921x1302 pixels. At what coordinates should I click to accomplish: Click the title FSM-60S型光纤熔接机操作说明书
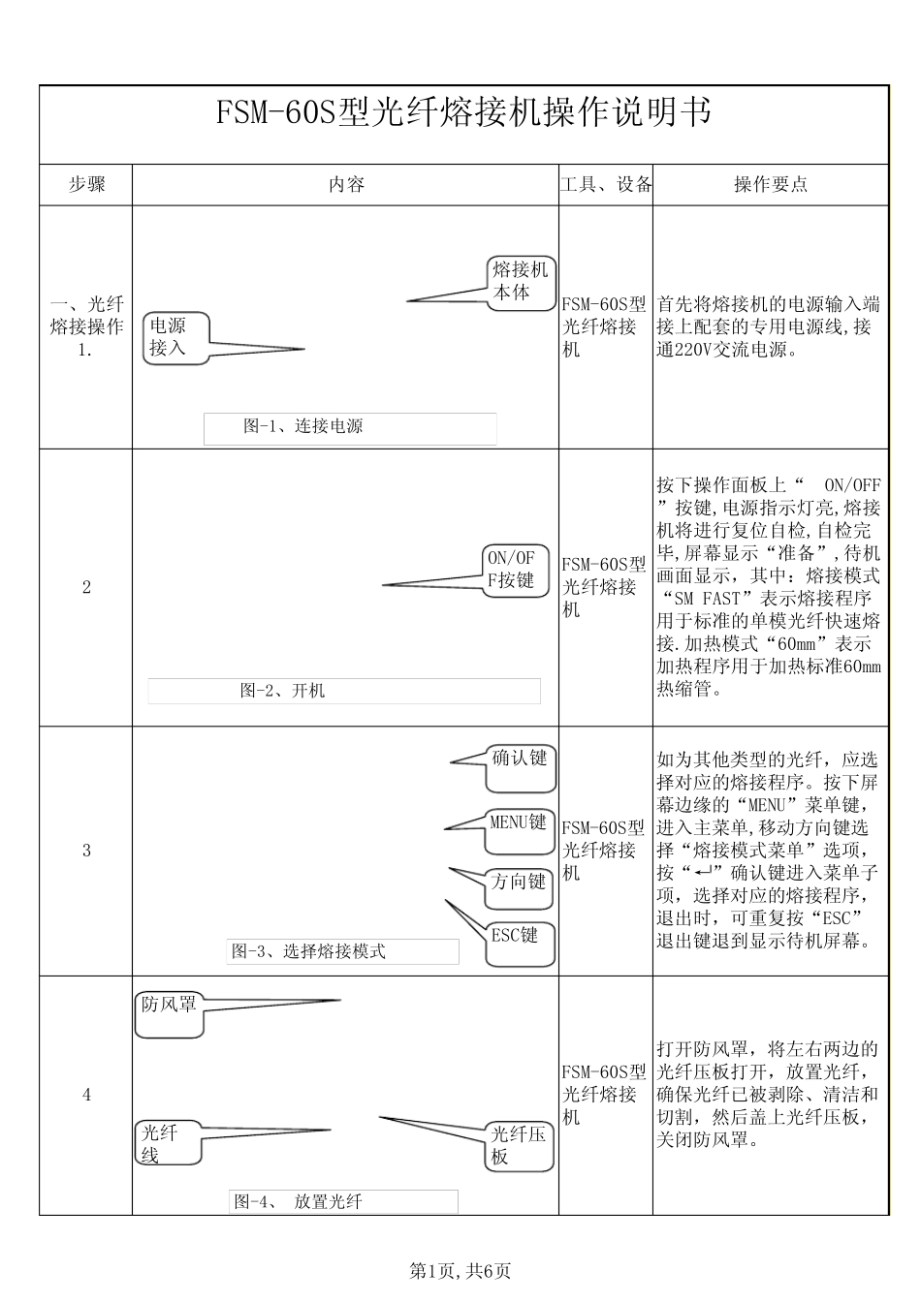pyautogui.click(x=462, y=113)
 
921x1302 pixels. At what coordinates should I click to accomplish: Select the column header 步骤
pyautogui.click(x=85, y=184)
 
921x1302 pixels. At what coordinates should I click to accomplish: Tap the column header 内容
pyautogui.click(x=346, y=184)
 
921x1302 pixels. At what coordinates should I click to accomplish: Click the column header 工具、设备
pyautogui.click(x=606, y=184)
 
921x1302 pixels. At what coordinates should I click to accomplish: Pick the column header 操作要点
pyautogui.click(x=770, y=184)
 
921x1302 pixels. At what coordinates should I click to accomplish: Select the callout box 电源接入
pyautogui.click(x=175, y=337)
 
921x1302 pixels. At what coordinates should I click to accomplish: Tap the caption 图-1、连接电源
pyautogui.click(x=303, y=426)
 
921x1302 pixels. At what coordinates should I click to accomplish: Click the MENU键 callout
pyautogui.click(x=520, y=823)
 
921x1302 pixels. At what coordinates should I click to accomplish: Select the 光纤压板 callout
pyautogui.click(x=520, y=1145)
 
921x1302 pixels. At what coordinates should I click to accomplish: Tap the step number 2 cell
pyautogui.click(x=85, y=587)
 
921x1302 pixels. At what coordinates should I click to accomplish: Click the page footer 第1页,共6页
pyautogui.click(x=460, y=1270)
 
